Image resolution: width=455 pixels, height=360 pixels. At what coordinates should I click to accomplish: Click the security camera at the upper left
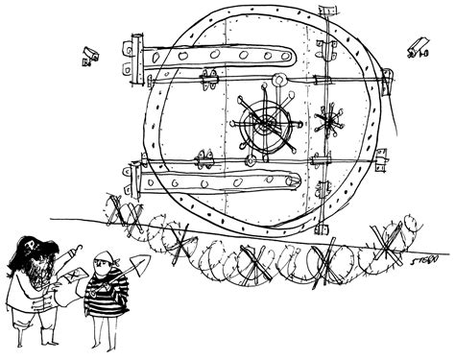tap(89, 56)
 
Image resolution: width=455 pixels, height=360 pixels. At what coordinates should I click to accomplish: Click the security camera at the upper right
tap(417, 48)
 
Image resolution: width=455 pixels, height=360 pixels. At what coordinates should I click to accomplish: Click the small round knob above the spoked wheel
tap(278, 82)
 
